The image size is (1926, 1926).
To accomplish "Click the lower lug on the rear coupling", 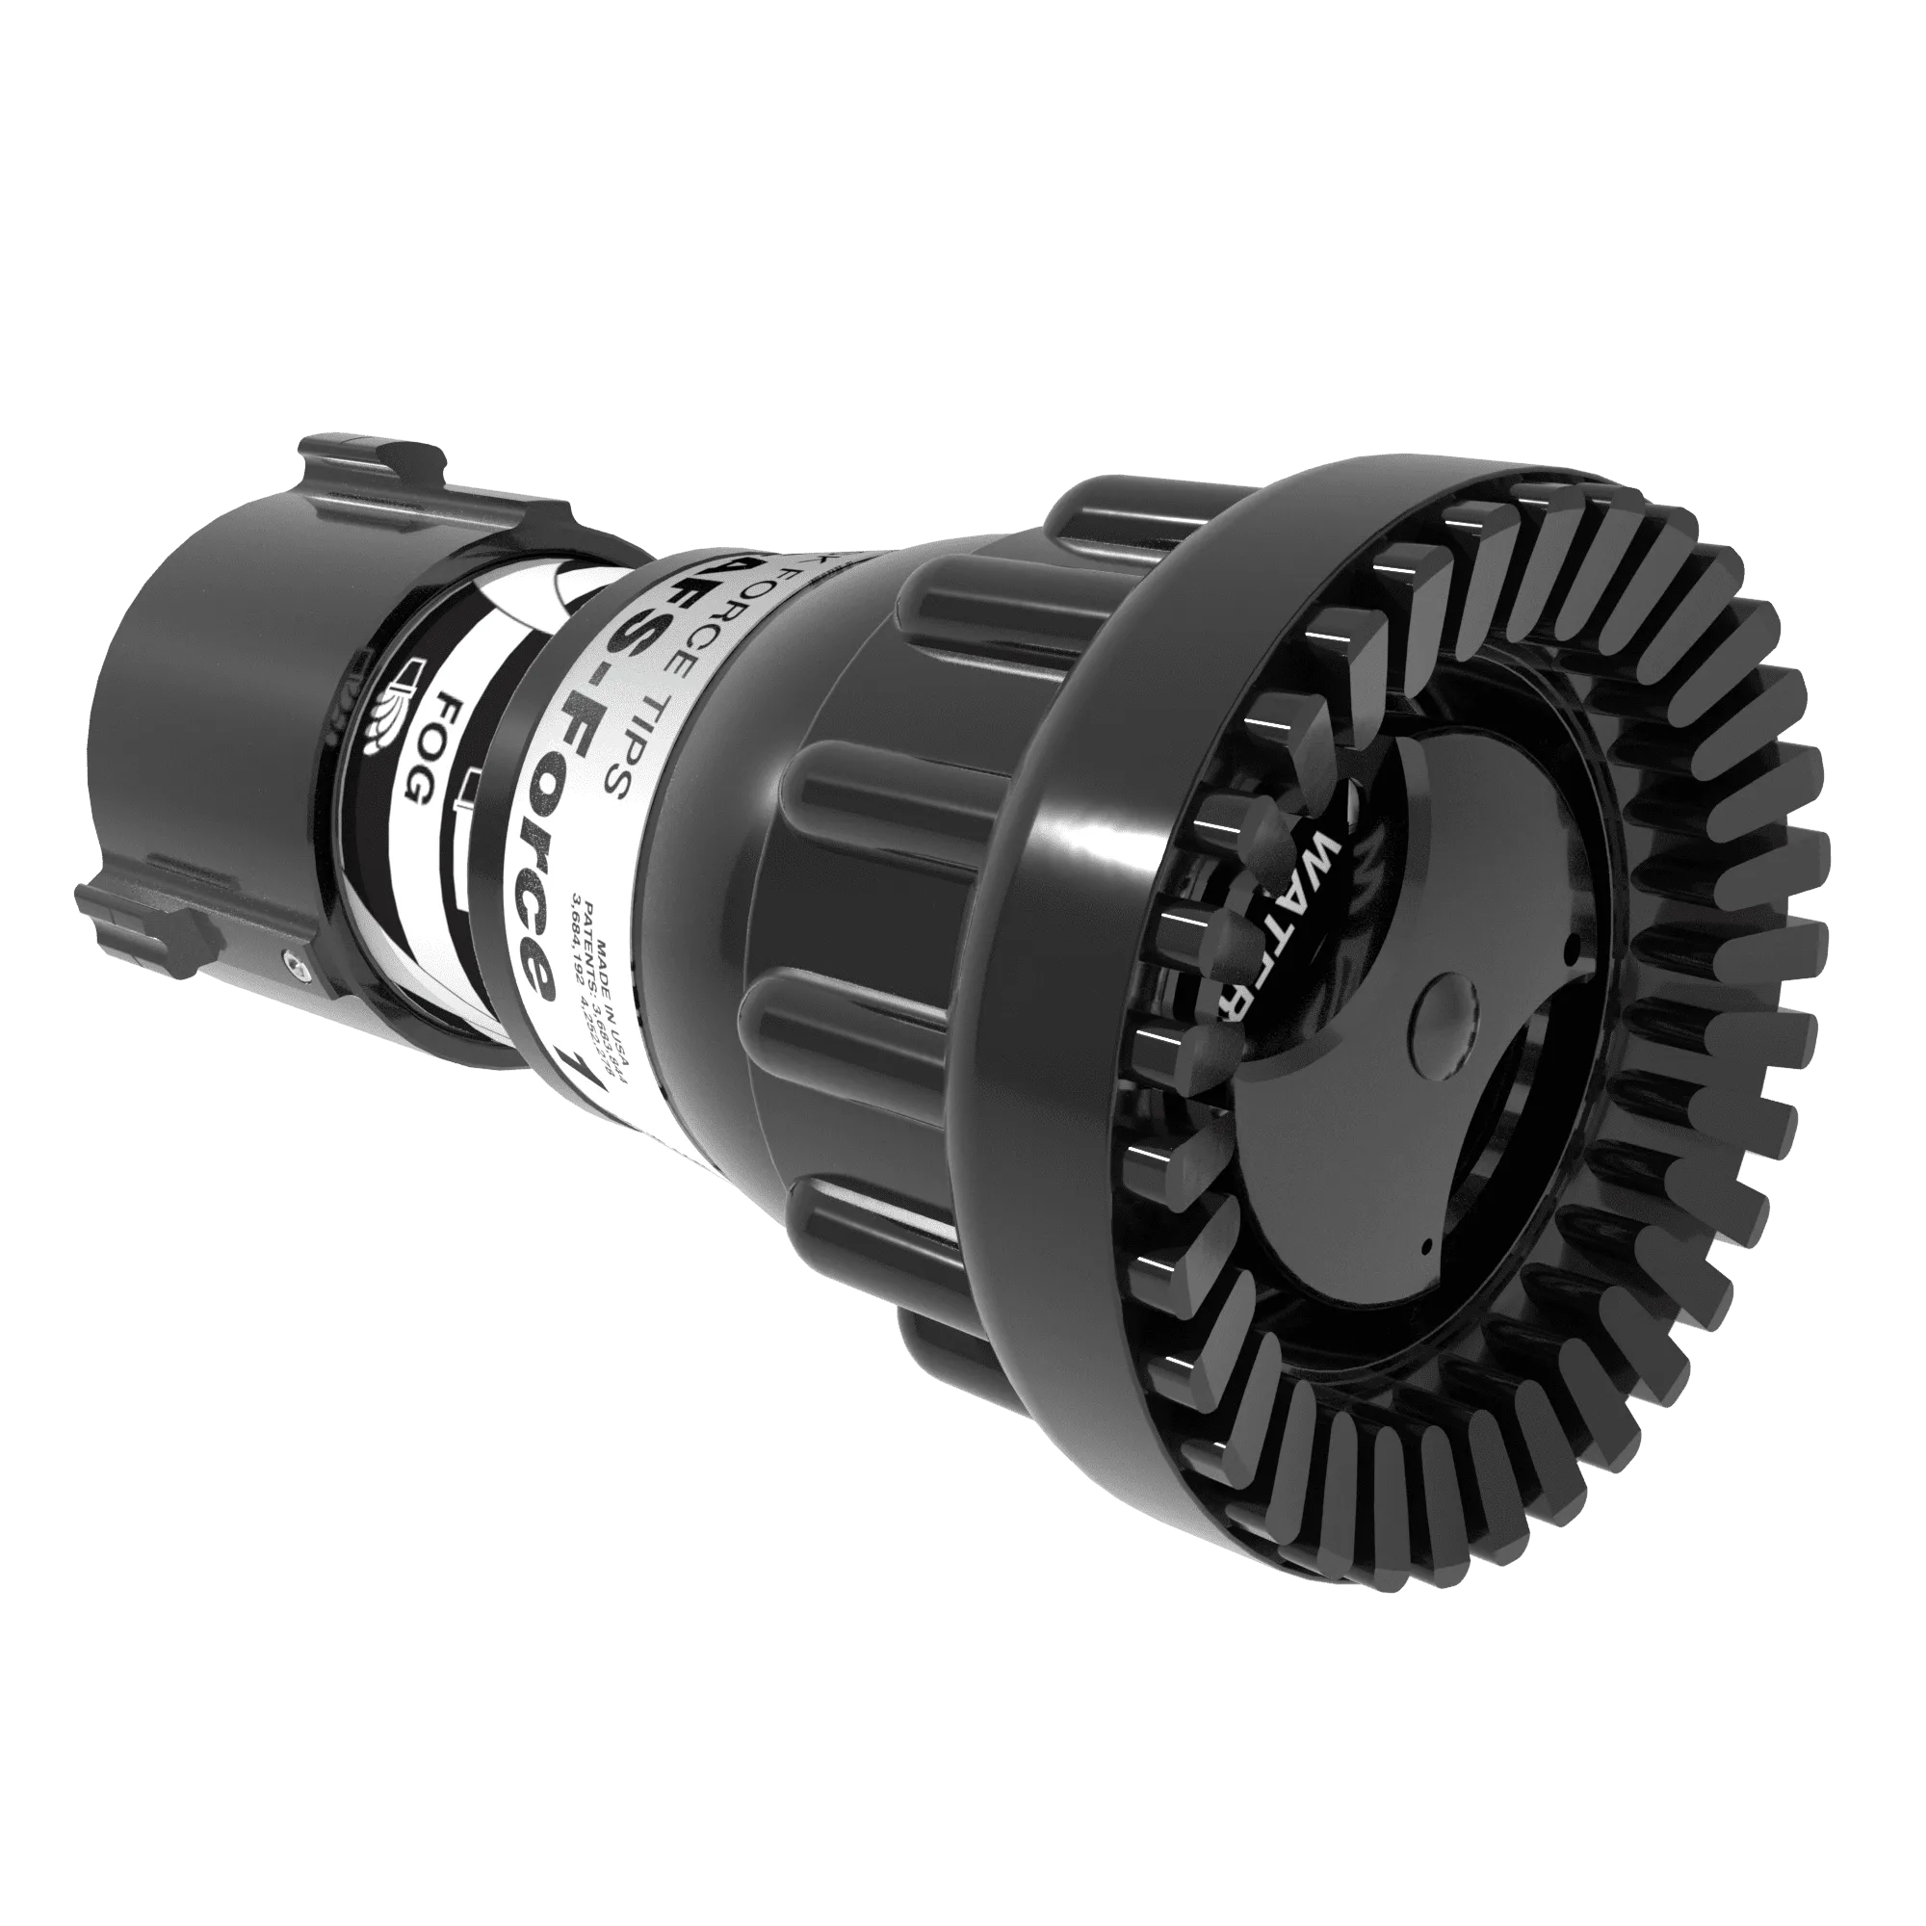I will coord(149,912).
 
